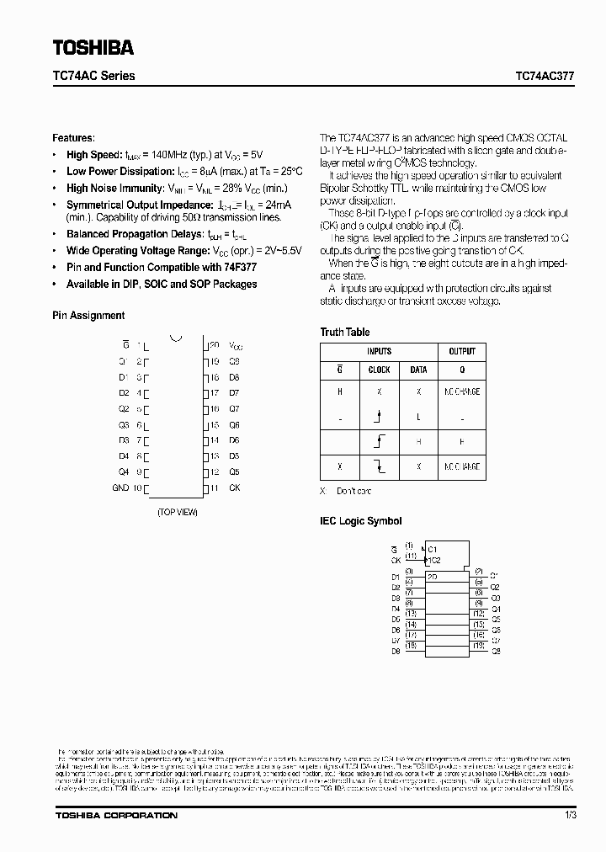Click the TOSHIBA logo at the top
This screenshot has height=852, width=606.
pyautogui.click(x=94, y=46)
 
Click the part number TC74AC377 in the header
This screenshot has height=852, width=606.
pyautogui.click(x=545, y=76)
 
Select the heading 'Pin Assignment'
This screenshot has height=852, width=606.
pyautogui.click(x=88, y=316)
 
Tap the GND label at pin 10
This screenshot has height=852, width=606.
pyautogui.click(x=120, y=488)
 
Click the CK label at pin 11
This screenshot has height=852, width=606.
pyautogui.click(x=235, y=488)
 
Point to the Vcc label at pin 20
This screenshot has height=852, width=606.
pyautogui.click(x=236, y=346)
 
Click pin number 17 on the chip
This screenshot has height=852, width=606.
pyautogui.click(x=214, y=393)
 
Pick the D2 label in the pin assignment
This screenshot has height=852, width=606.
pyautogui.click(x=123, y=393)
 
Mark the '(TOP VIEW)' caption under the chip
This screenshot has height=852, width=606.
pyautogui.click(x=178, y=512)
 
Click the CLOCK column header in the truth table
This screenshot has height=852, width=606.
pyautogui.click(x=380, y=370)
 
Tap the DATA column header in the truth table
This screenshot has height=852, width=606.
pyautogui.click(x=418, y=370)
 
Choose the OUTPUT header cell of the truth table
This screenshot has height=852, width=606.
pyautogui.click(x=461, y=351)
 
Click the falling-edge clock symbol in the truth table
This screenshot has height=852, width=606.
pyautogui.click(x=380, y=466)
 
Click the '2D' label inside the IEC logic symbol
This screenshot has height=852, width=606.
pyautogui.click(x=433, y=577)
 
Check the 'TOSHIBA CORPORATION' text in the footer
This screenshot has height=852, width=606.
pyautogui.click(x=116, y=815)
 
